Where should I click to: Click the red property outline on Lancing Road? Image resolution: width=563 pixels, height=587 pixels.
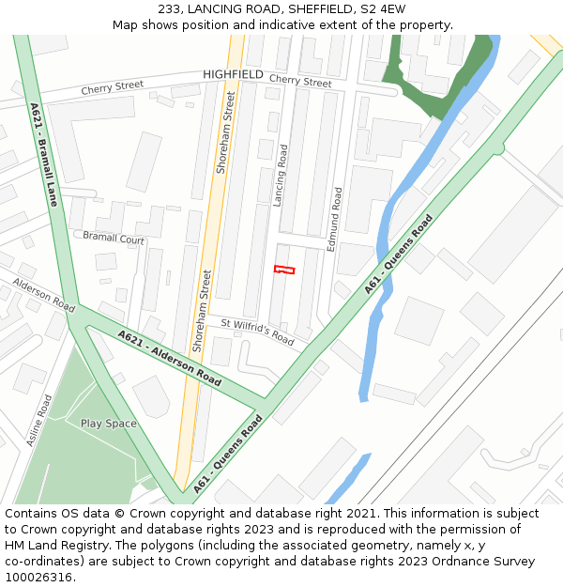coord(284,270)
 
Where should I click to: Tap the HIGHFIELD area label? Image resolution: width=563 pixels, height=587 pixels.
coord(233,74)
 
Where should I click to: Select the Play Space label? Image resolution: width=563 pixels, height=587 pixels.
coord(108,424)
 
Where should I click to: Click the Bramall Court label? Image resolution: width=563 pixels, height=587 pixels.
coord(114,239)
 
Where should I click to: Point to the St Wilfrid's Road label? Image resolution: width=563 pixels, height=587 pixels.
coord(257,332)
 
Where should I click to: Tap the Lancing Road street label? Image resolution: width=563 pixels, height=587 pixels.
coord(280,176)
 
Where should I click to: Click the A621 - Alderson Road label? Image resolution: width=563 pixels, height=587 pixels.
coord(170,358)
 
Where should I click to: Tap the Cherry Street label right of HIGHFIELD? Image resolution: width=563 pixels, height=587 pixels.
coord(300,83)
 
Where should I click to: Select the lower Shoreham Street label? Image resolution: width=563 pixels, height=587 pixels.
coord(201,310)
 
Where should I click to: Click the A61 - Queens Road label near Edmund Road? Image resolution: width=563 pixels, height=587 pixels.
coord(399,255)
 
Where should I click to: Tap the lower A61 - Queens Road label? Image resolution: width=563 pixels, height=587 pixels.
coord(228,455)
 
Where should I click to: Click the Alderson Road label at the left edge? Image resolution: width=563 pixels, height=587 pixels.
coord(43,295)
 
